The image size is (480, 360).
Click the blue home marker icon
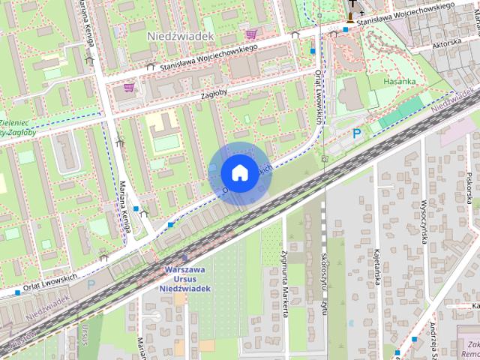(238, 172)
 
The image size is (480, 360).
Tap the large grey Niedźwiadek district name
(181, 36)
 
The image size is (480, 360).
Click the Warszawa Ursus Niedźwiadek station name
(184, 278)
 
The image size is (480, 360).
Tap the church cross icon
(352, 10)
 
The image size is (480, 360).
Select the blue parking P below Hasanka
(357, 133)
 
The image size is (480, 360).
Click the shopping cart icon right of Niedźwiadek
(251, 34)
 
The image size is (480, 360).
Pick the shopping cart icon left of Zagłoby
(128, 88)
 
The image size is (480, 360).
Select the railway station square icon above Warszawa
(184, 258)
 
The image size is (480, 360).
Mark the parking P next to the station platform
(91, 284)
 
